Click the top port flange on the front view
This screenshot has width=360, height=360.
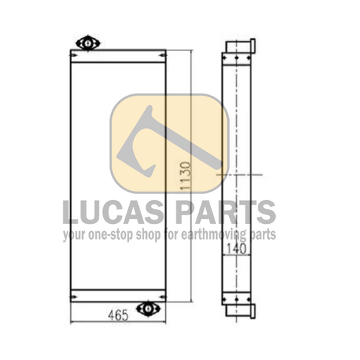[88, 43]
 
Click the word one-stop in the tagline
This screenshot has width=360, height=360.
[110, 235]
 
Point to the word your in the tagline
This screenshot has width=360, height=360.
[73, 235]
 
